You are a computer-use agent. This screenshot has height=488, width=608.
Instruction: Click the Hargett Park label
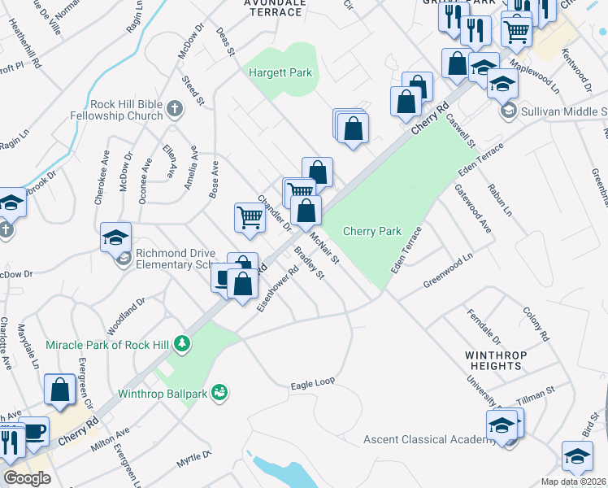pyautogui.click(x=280, y=73)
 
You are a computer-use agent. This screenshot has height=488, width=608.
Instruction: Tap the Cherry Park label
pyautogui.click(x=372, y=231)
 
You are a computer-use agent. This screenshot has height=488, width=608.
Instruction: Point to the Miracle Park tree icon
pyautogui.click(x=184, y=345)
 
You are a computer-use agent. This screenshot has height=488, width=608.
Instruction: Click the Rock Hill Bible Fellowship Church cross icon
pyautogui.click(x=174, y=109)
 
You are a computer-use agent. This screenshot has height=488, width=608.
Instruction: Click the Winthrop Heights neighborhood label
pyautogui.click(x=496, y=360)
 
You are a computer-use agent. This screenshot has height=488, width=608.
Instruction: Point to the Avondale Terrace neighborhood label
pyautogui.click(x=275, y=7)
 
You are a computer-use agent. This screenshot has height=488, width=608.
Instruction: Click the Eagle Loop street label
pyautogui.click(x=313, y=381)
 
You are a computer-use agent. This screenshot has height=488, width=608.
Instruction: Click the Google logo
pyautogui.click(x=27, y=478)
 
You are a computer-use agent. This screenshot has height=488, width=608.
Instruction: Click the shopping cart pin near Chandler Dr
pyautogui.click(x=250, y=217)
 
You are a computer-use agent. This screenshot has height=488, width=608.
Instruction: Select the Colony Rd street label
pyautogui.click(x=536, y=324)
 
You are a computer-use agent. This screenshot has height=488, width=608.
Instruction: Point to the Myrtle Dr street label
pyautogui.click(x=193, y=460)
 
